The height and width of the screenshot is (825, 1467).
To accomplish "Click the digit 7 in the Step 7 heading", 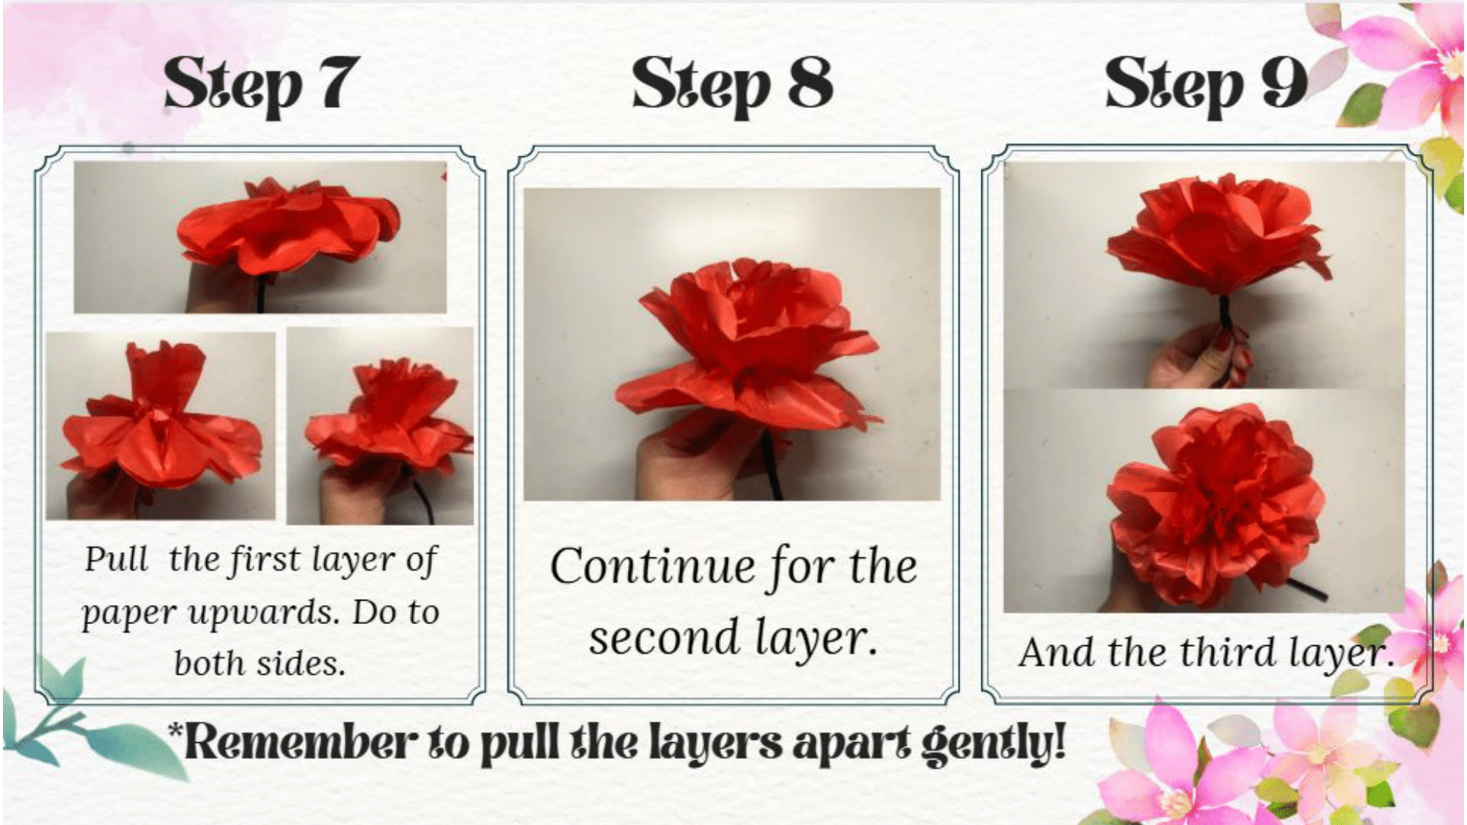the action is (338, 82).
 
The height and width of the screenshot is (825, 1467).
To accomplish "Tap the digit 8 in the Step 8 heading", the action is (811, 82).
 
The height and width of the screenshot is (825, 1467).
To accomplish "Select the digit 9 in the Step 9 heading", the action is (1284, 82).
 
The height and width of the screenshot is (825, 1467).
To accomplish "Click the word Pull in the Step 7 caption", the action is (116, 559).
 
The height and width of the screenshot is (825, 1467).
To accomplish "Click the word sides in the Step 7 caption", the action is (301, 663).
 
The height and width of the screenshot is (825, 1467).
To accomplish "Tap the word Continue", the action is (653, 567).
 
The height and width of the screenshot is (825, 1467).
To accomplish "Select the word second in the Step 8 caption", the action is (664, 637).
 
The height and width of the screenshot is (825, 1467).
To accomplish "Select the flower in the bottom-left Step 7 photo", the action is (161, 422).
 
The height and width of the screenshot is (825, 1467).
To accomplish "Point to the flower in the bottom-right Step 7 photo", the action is (389, 418).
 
